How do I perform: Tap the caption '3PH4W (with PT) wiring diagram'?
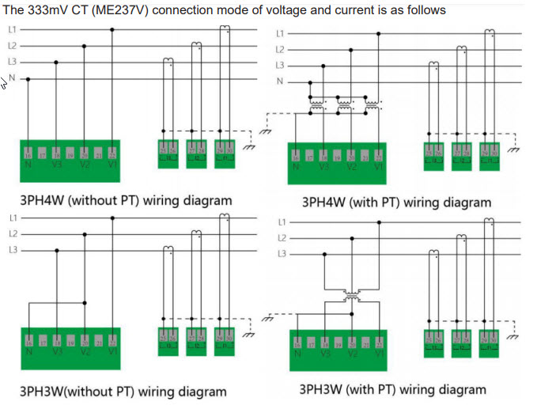396,203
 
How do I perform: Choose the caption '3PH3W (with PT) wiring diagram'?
392,389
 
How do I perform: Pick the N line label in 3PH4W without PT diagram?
13,78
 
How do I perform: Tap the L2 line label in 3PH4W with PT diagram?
280,50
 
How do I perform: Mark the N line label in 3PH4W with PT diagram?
280,81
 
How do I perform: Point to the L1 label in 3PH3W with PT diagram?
282,222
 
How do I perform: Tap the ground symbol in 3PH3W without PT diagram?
250,334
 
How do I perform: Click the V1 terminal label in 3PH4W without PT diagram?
112,165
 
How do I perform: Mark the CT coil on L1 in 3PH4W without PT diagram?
225,29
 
